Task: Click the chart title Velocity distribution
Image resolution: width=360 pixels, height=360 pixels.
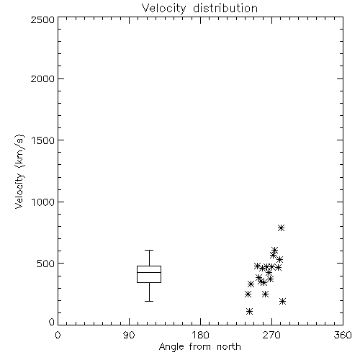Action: click(199, 9)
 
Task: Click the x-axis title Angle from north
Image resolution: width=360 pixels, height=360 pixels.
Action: click(199, 347)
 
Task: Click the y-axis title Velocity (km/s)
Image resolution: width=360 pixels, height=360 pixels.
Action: click(19, 171)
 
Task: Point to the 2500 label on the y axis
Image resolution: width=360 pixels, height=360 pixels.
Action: click(42, 19)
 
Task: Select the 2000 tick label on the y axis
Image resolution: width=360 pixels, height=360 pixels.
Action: click(42, 78)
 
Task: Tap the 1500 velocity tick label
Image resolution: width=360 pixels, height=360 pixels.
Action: click(43, 140)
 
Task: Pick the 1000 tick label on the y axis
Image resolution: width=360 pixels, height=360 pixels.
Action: click(43, 202)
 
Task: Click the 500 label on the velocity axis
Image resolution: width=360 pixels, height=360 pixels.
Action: click(46, 264)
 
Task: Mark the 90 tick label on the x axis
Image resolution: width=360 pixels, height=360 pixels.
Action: click(129, 335)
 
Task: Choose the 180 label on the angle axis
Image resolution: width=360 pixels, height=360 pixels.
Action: click(200, 335)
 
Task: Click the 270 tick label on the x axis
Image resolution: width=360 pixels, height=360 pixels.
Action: click(271, 335)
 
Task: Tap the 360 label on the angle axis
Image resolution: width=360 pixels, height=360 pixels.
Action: click(343, 335)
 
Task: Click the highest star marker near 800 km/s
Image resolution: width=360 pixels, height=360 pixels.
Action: click(282, 228)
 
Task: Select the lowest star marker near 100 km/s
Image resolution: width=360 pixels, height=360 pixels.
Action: click(250, 312)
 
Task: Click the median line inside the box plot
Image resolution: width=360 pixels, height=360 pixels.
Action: click(149, 272)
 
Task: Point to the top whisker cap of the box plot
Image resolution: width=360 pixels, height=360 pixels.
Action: click(149, 251)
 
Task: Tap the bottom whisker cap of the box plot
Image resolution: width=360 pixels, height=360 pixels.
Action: click(149, 301)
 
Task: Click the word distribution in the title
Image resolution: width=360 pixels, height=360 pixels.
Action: click(225, 9)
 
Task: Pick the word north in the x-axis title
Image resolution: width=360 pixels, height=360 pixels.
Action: click(229, 347)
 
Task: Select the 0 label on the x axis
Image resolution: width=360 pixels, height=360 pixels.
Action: click(58, 335)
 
